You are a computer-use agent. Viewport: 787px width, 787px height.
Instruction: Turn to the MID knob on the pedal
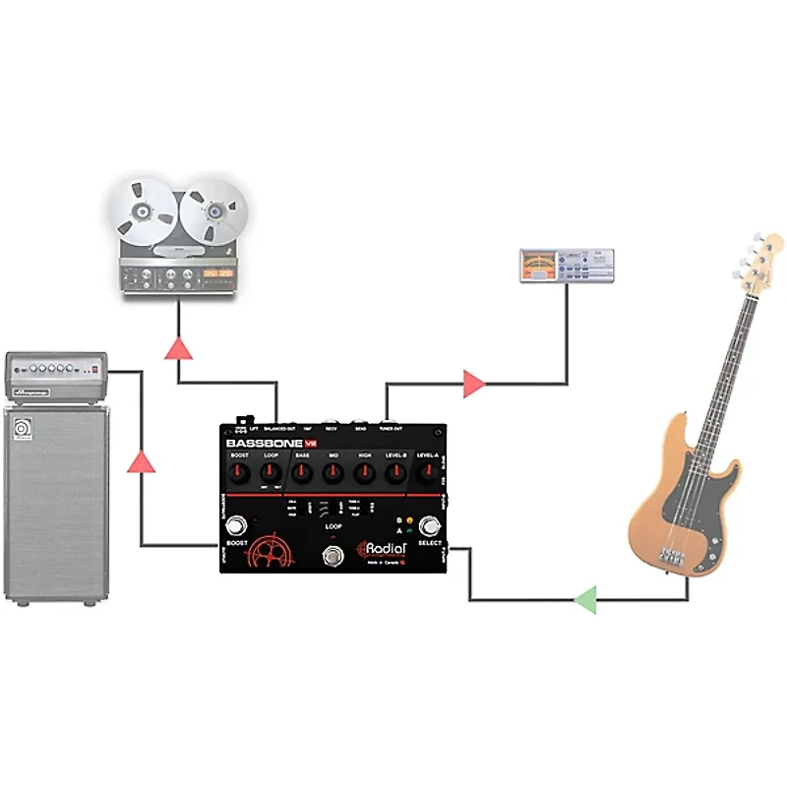[334, 474]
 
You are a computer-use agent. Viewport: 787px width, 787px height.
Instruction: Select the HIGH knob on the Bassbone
[365, 474]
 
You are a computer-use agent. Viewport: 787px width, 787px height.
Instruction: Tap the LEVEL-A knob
[428, 474]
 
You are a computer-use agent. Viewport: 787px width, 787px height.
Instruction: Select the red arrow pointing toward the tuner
[474, 384]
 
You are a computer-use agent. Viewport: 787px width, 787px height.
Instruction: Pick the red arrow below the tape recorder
[179, 346]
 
